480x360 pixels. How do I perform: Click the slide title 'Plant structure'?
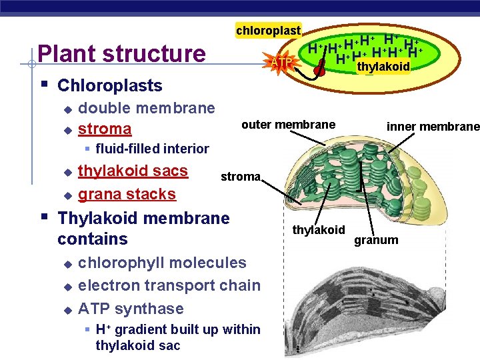tap(122, 53)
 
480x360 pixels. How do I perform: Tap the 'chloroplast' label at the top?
tap(269, 30)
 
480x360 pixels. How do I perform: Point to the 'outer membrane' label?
tap(288, 125)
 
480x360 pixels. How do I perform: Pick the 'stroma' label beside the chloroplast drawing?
tap(241, 177)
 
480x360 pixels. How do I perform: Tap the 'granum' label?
tap(376, 240)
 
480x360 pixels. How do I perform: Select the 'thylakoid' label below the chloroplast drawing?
tap(319, 230)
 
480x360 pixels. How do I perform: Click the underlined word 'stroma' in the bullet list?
tap(105, 128)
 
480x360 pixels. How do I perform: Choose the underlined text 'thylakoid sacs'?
tap(133, 171)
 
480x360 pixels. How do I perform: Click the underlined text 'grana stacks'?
tap(127, 194)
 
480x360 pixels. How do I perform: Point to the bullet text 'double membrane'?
tap(147, 108)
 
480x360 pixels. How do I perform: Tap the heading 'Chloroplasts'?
tap(110, 85)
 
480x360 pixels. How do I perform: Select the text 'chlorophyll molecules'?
tap(162, 263)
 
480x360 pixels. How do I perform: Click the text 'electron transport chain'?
tap(169, 285)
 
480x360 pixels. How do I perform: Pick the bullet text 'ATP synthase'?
tap(131, 309)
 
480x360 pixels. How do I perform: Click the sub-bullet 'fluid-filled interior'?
tap(152, 149)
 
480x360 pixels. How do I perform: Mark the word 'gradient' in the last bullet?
tap(136, 329)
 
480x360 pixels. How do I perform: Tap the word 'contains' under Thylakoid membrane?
tap(93, 239)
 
